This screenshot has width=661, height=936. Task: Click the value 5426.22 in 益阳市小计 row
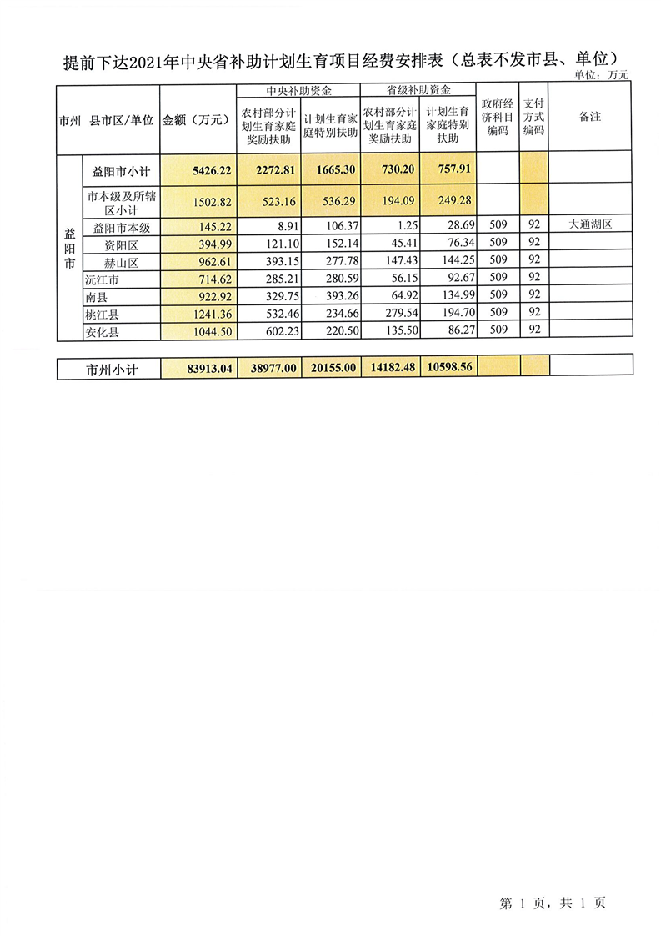tap(211, 169)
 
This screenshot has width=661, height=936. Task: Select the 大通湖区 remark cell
tap(589, 224)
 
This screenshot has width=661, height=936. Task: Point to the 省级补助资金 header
tap(418, 90)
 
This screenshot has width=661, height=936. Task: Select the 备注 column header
tap(589, 118)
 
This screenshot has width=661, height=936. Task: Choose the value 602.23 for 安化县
tap(272, 331)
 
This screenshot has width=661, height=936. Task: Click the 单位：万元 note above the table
tap(603, 74)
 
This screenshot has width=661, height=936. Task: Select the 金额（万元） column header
tap(197, 119)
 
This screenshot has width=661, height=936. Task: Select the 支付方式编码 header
tap(533, 118)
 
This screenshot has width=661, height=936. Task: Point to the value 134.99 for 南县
tap(450, 296)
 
